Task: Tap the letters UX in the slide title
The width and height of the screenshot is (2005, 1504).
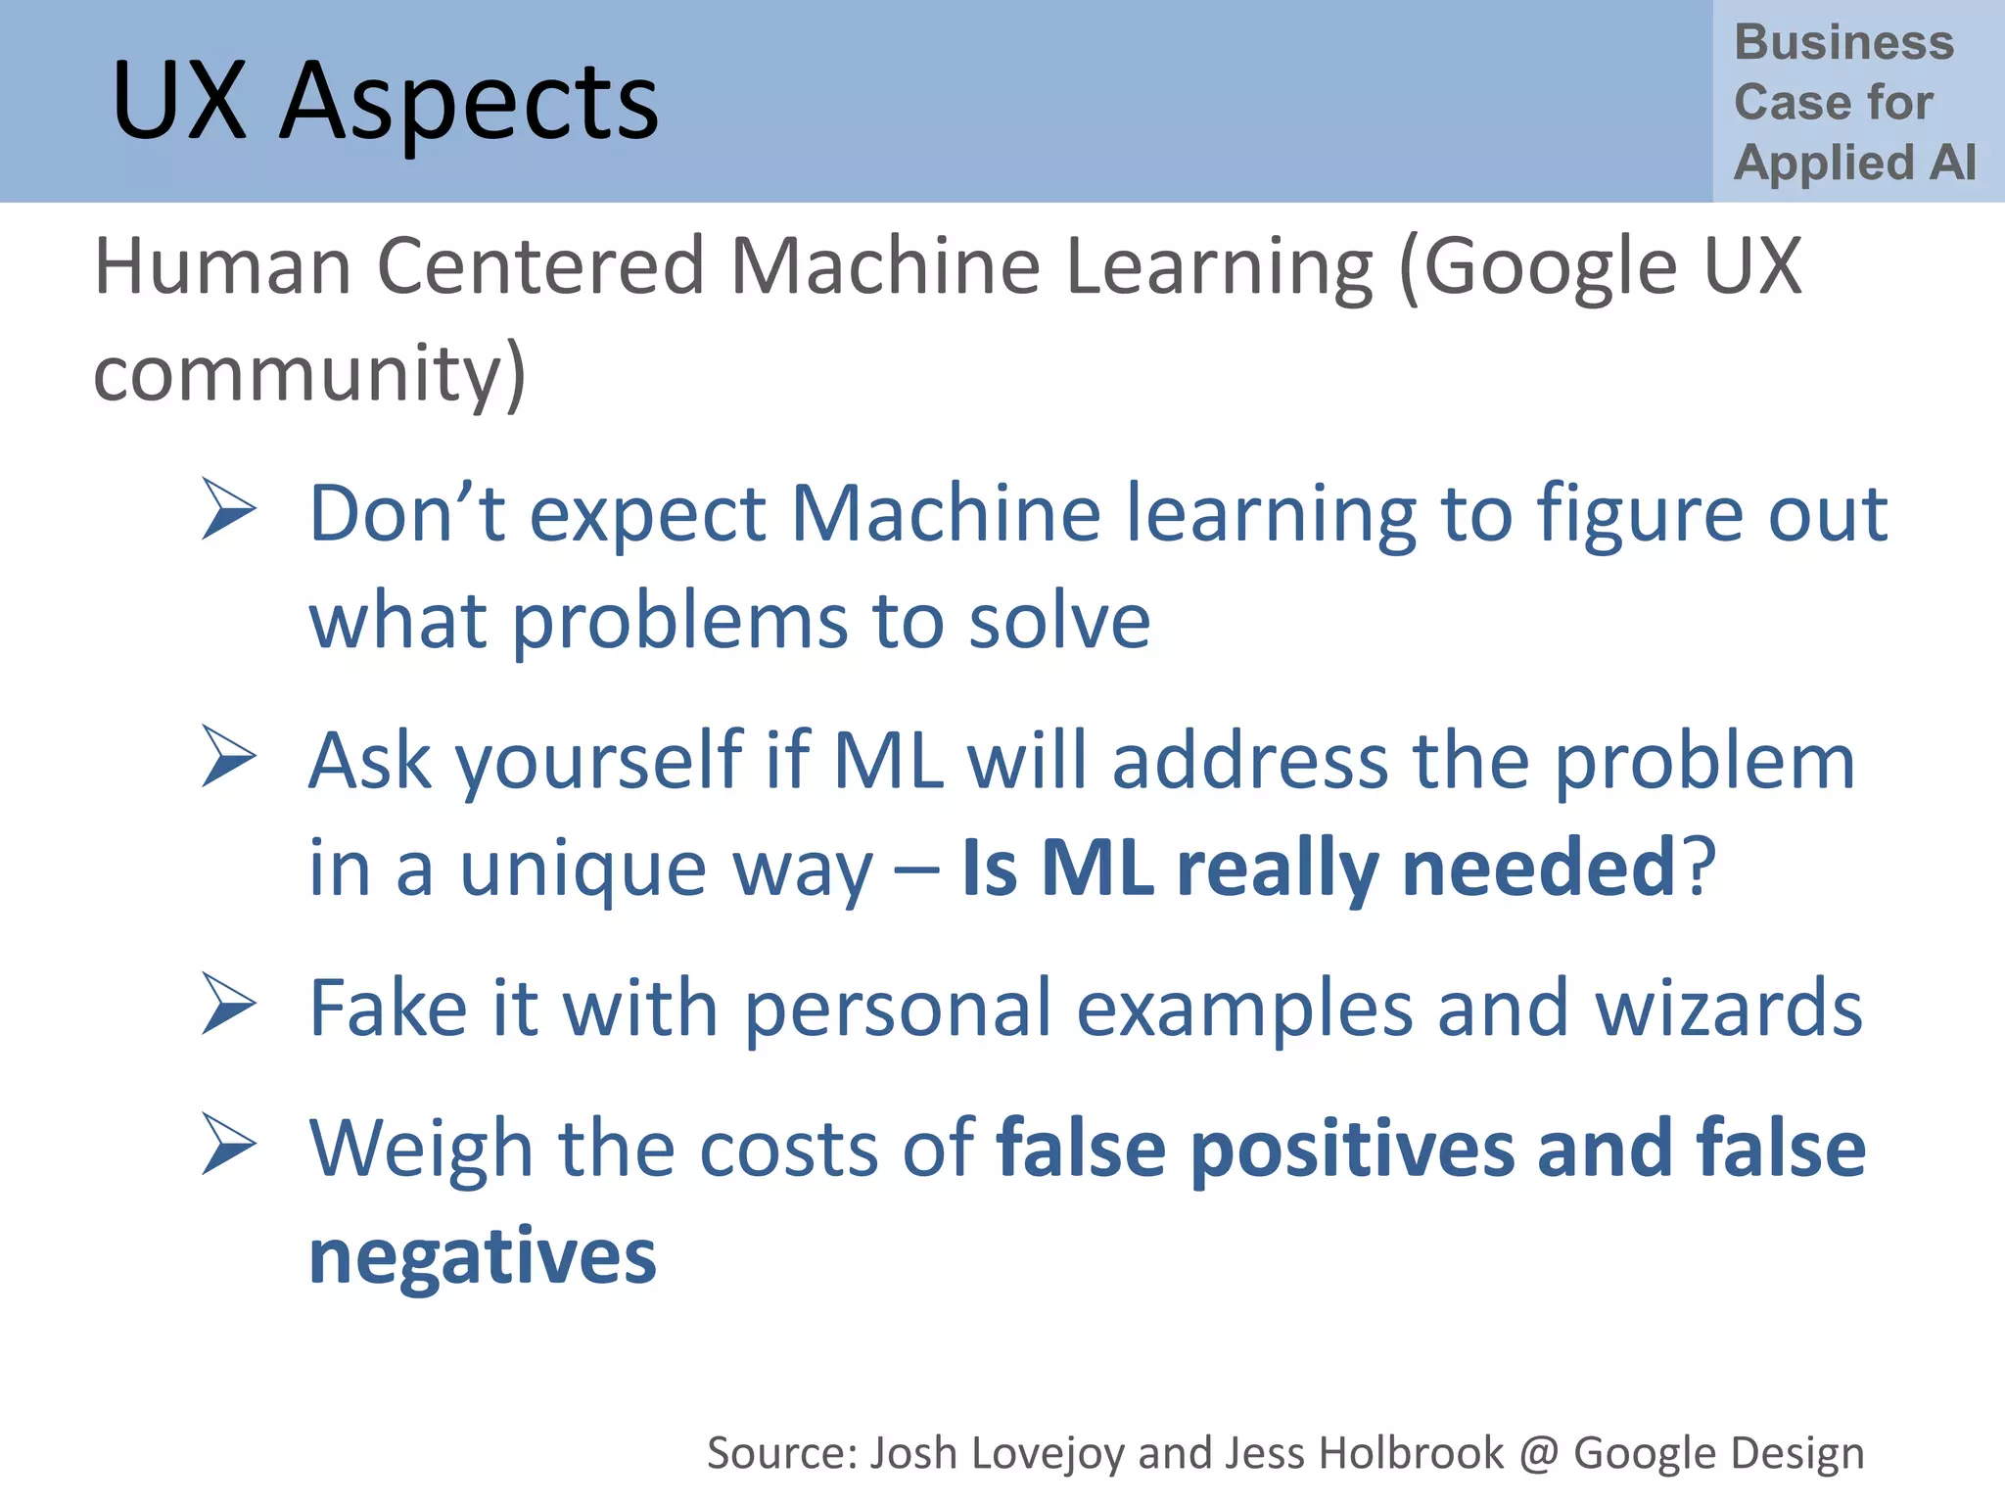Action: [x=179, y=101]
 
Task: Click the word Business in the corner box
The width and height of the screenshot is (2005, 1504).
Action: [x=1843, y=42]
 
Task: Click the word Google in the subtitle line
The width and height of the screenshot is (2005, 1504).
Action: [x=1550, y=266]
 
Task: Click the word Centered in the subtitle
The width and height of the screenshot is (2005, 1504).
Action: [x=540, y=266]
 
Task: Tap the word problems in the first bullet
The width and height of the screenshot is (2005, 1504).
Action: [x=679, y=623]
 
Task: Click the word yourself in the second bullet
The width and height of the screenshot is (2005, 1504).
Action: [x=599, y=762]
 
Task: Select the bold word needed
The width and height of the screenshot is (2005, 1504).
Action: [x=1539, y=868]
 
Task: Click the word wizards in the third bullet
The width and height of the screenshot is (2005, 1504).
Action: [x=1729, y=1009]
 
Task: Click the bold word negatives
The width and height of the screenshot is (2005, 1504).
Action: [x=483, y=1257]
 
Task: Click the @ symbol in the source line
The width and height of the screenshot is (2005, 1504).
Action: [x=1538, y=1454]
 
